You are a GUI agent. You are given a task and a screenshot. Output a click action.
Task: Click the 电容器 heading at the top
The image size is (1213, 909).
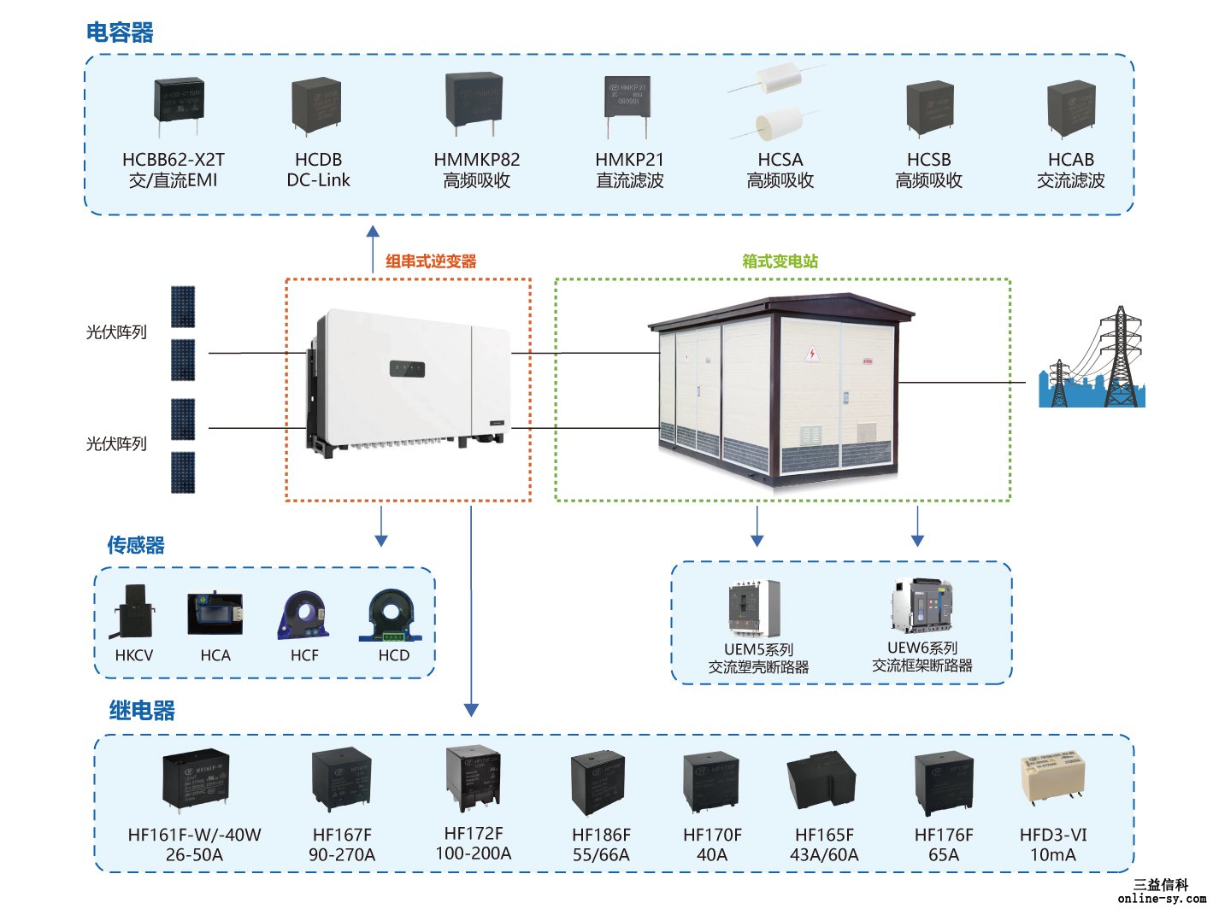pos(120,32)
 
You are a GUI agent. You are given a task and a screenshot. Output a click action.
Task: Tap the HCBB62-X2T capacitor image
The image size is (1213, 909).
pos(179,103)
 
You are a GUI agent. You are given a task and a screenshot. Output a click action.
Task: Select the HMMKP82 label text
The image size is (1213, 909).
pos(476,160)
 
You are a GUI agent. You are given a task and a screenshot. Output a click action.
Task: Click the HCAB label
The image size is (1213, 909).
pos(1070,160)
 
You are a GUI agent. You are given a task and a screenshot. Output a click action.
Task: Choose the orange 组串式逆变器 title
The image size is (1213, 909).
pos(431,261)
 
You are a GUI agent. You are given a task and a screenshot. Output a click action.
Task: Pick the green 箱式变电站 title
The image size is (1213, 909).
pos(780,261)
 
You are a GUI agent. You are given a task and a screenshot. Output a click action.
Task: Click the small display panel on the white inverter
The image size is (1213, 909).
pos(407,369)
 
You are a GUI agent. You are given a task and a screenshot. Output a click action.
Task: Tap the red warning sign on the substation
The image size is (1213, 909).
pos(812,355)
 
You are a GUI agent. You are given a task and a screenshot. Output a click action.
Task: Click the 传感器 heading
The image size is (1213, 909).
pos(136,545)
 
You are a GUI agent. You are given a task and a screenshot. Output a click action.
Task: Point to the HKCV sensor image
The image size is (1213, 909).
pos(134,611)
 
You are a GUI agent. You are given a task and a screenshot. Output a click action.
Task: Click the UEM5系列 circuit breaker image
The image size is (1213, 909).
pos(753,607)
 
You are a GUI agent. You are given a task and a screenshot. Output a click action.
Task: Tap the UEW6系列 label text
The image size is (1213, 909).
pos(922,648)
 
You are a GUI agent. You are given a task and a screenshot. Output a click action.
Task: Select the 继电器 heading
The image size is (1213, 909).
pos(142,710)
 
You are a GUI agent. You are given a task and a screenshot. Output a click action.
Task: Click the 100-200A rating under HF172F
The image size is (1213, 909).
pos(473,853)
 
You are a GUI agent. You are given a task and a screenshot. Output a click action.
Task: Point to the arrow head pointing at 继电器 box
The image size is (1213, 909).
pos(471,710)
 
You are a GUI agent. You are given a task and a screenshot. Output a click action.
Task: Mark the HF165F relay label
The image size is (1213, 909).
pos(824,835)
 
